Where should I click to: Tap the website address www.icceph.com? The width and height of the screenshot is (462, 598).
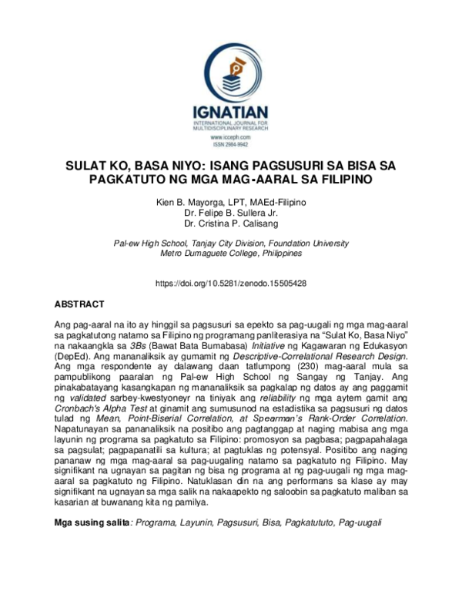point(231,136)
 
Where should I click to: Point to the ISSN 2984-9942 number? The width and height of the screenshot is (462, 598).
point(231,144)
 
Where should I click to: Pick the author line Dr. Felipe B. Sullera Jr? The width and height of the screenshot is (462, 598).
point(231,213)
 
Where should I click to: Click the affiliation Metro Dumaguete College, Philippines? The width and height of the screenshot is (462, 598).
point(231,253)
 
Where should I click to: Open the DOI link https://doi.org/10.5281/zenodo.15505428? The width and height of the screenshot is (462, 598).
point(231,284)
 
